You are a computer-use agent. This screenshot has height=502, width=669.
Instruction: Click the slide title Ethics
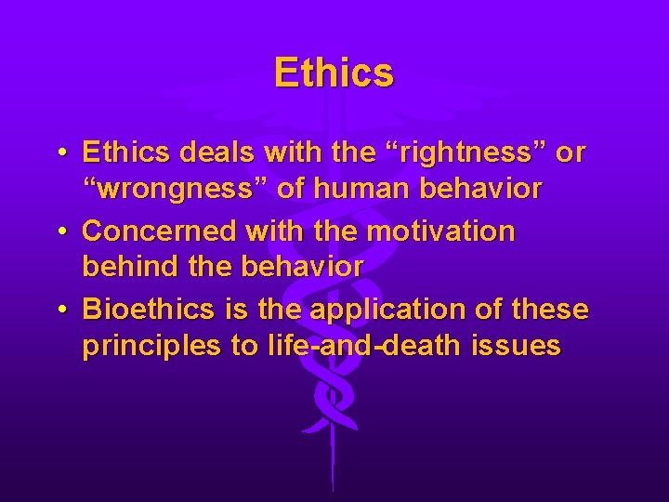(334, 73)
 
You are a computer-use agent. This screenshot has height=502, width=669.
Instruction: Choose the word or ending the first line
(570, 152)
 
